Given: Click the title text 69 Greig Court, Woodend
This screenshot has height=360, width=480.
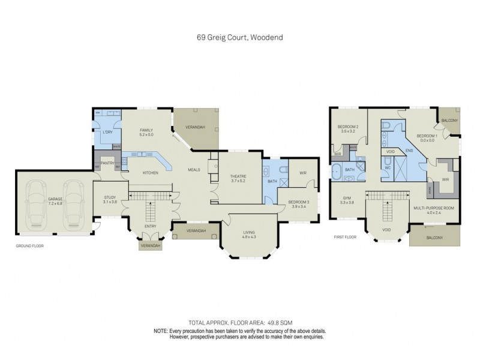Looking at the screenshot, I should click(240, 37).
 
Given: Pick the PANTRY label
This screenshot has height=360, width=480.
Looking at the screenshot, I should click(107, 163).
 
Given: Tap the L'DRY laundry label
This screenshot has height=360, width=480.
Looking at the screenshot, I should click(108, 131).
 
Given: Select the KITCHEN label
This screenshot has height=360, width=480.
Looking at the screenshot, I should click(149, 173).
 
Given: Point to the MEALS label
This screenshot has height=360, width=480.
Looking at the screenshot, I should click(194, 170).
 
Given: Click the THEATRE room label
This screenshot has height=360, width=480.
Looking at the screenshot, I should click(235, 176).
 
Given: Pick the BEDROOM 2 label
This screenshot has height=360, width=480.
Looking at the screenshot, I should click(348, 127).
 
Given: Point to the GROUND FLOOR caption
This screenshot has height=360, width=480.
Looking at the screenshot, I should click(29, 246).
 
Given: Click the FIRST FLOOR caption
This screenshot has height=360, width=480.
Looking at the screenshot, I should click(346, 237).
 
